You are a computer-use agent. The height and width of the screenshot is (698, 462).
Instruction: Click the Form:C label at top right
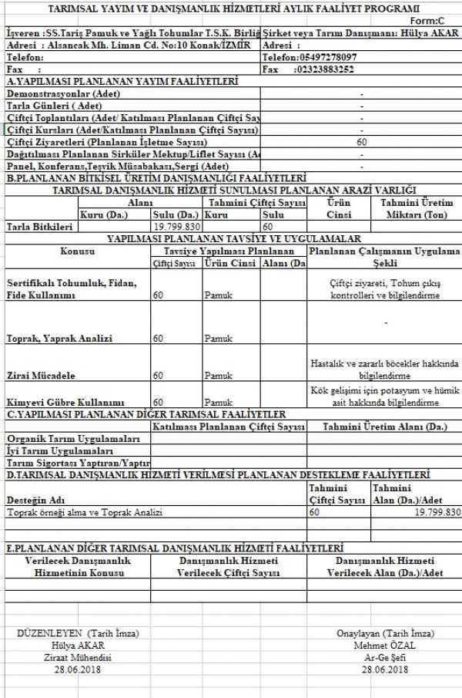pos(438,20)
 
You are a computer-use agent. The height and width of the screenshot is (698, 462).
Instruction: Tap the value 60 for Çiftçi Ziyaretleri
pos(362,143)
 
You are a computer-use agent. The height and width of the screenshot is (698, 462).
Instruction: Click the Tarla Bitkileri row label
pos(39,228)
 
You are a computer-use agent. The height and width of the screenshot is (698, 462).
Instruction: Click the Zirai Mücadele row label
pos(41,376)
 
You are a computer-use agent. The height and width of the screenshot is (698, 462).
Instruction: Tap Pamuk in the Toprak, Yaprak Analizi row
pos(219,339)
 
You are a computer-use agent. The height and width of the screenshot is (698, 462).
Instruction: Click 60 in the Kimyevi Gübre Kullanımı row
pos(158,403)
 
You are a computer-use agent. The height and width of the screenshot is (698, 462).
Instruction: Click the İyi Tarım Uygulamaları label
pos(60,450)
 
